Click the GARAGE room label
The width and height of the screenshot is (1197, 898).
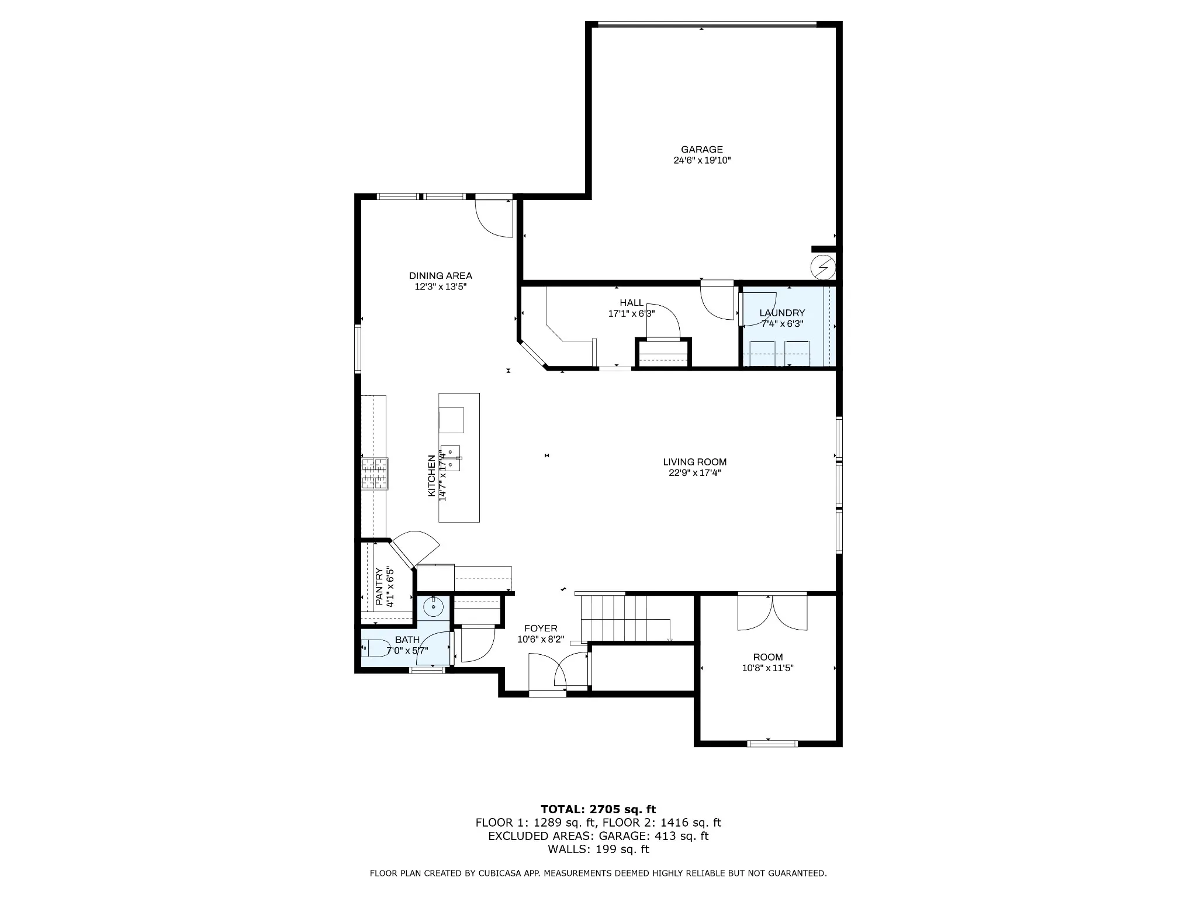coord(701,150)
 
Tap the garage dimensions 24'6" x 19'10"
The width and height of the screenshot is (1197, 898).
coord(702,160)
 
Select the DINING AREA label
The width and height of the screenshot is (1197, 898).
coord(441,276)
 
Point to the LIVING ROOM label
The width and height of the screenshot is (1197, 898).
coord(695,462)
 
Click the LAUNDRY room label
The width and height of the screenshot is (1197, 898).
coord(782,313)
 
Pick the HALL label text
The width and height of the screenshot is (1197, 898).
coord(631,303)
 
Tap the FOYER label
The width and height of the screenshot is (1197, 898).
coord(541,628)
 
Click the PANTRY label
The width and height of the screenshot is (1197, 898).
coord(379,586)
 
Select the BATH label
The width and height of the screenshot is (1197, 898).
coord(407,640)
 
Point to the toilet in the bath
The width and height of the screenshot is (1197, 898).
coord(376,648)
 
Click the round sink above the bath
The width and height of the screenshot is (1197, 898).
coord(434,607)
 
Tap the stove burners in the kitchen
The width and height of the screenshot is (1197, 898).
coord(375,474)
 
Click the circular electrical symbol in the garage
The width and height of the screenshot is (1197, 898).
coord(823,268)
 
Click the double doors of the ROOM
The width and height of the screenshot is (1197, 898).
coord(772,612)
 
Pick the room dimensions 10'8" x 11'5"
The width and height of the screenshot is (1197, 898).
coord(768,668)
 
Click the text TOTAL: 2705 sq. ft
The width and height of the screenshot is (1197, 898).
coord(598,810)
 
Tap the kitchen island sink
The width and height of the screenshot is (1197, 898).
coord(451,458)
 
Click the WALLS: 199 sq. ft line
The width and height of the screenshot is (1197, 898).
coord(598,849)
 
